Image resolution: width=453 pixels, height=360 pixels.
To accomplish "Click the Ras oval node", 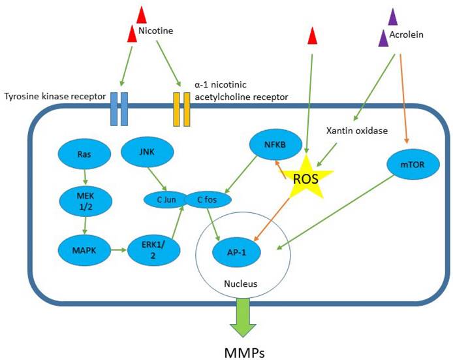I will [x=84, y=155].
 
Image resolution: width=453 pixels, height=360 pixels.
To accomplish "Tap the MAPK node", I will [x=84, y=250].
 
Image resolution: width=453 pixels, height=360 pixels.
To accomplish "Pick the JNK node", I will [x=148, y=154].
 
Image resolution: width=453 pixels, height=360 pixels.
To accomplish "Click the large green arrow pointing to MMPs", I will [x=244, y=316].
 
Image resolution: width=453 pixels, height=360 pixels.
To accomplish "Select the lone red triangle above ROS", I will [x=313, y=36].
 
